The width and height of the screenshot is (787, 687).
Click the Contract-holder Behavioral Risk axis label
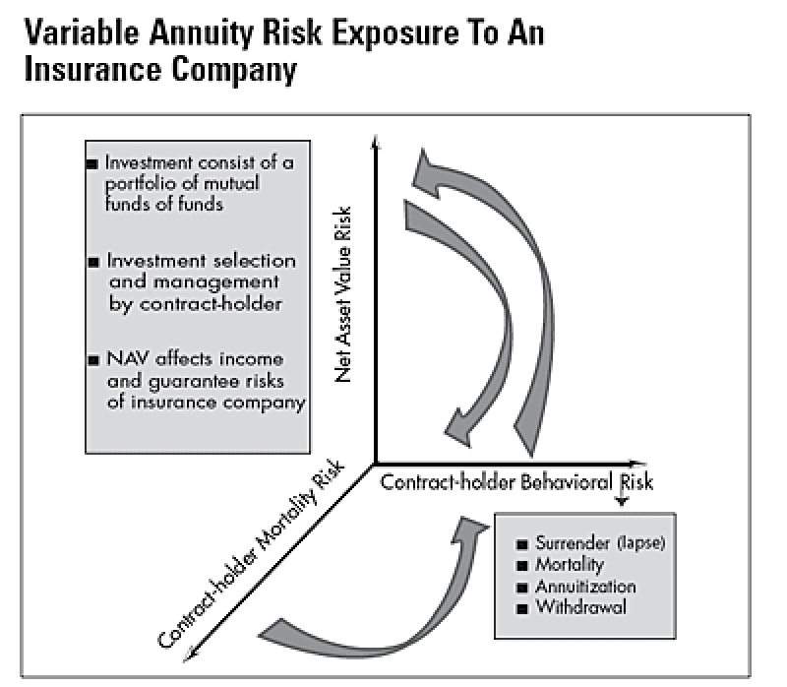click(x=515, y=482)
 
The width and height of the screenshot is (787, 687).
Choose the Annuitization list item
click(x=585, y=587)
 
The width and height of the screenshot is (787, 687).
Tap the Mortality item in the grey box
click(x=570, y=565)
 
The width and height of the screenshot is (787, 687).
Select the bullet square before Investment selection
click(x=93, y=263)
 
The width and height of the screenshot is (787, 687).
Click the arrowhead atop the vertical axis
click(x=375, y=144)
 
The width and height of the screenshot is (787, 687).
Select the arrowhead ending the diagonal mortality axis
click(x=190, y=652)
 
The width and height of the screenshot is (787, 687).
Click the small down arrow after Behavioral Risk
click(x=622, y=503)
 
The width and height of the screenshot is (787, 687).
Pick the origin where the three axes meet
click(x=375, y=464)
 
